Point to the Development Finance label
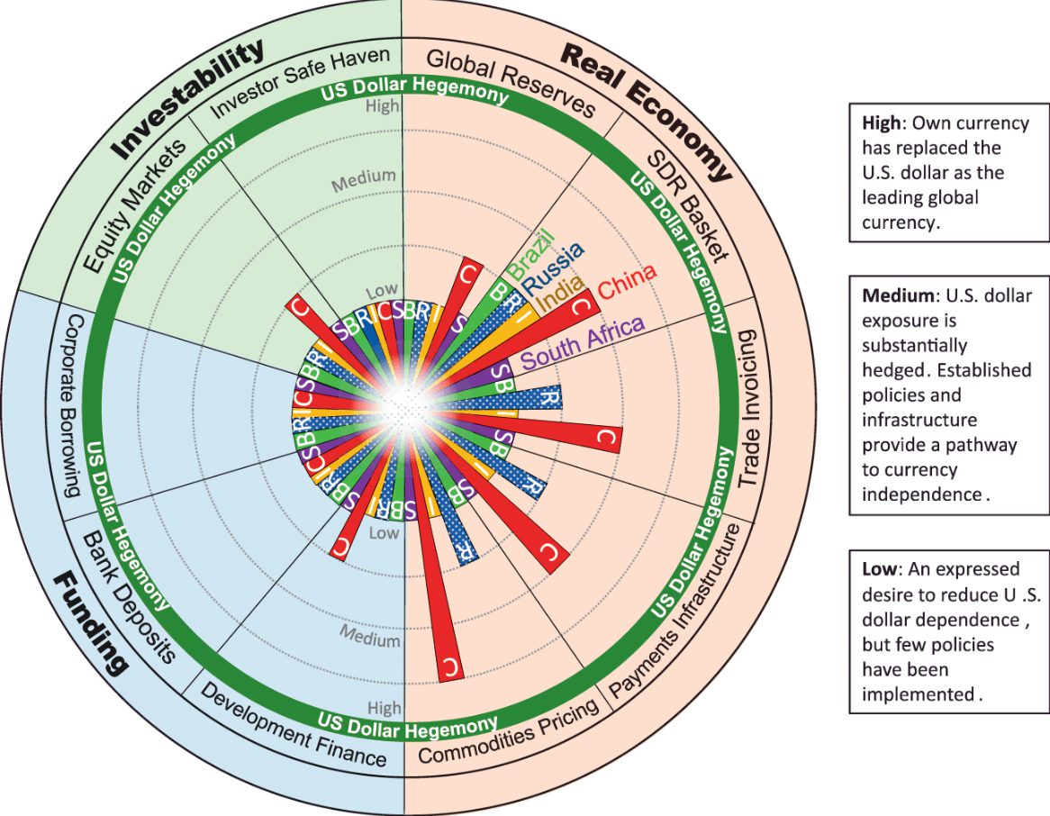pos(294,724)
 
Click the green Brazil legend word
pos(531,254)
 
